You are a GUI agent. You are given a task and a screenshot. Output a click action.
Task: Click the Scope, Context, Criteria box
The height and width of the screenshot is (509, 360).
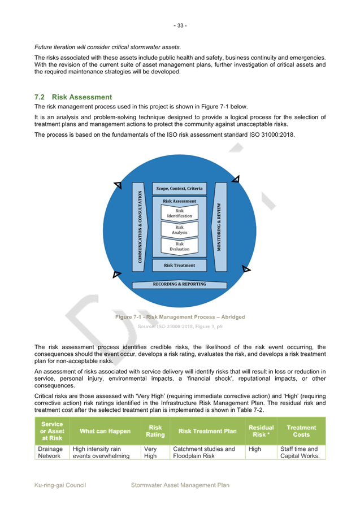[179, 188]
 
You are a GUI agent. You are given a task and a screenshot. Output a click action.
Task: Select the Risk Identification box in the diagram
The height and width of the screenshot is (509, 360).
[179, 214]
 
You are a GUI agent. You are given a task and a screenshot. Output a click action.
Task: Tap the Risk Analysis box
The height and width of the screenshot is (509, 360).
[179, 230]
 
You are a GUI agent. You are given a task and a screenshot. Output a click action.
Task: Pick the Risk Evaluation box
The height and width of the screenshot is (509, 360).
[179, 246]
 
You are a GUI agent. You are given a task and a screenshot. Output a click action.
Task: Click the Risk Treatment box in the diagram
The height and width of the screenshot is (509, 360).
[179, 265]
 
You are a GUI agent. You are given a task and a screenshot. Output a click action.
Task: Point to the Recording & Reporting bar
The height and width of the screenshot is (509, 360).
[179, 284]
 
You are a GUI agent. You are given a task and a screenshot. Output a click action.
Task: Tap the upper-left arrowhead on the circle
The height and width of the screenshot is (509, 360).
[118, 185]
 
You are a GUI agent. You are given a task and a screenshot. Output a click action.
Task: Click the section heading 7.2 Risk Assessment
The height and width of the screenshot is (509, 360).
[73, 97]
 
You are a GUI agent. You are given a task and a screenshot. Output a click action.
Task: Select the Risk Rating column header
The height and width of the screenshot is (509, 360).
[155, 431]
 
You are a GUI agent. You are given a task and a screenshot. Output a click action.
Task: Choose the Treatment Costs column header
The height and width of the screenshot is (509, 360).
[301, 431]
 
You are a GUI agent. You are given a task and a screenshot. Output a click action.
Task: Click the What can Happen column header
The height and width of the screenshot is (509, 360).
[105, 431]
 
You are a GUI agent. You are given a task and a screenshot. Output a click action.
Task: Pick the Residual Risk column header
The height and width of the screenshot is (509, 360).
[261, 431]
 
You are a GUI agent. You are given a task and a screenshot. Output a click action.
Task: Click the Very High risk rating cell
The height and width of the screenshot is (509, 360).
[151, 452]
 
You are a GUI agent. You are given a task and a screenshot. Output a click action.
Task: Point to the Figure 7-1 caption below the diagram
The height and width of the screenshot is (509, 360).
[180, 317]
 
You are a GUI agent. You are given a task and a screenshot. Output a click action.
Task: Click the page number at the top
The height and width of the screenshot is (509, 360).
[180, 25]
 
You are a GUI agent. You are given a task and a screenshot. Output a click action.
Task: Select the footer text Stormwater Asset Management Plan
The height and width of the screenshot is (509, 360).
[180, 485]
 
